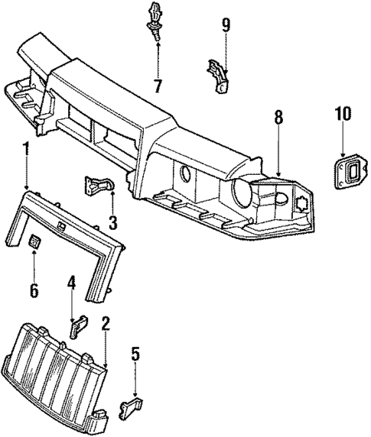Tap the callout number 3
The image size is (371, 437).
click(112, 223)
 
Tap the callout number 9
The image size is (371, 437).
click(226, 26)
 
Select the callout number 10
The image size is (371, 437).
click(342, 115)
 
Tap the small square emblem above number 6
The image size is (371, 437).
click(35, 242)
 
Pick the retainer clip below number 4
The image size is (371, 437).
click(78, 326)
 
